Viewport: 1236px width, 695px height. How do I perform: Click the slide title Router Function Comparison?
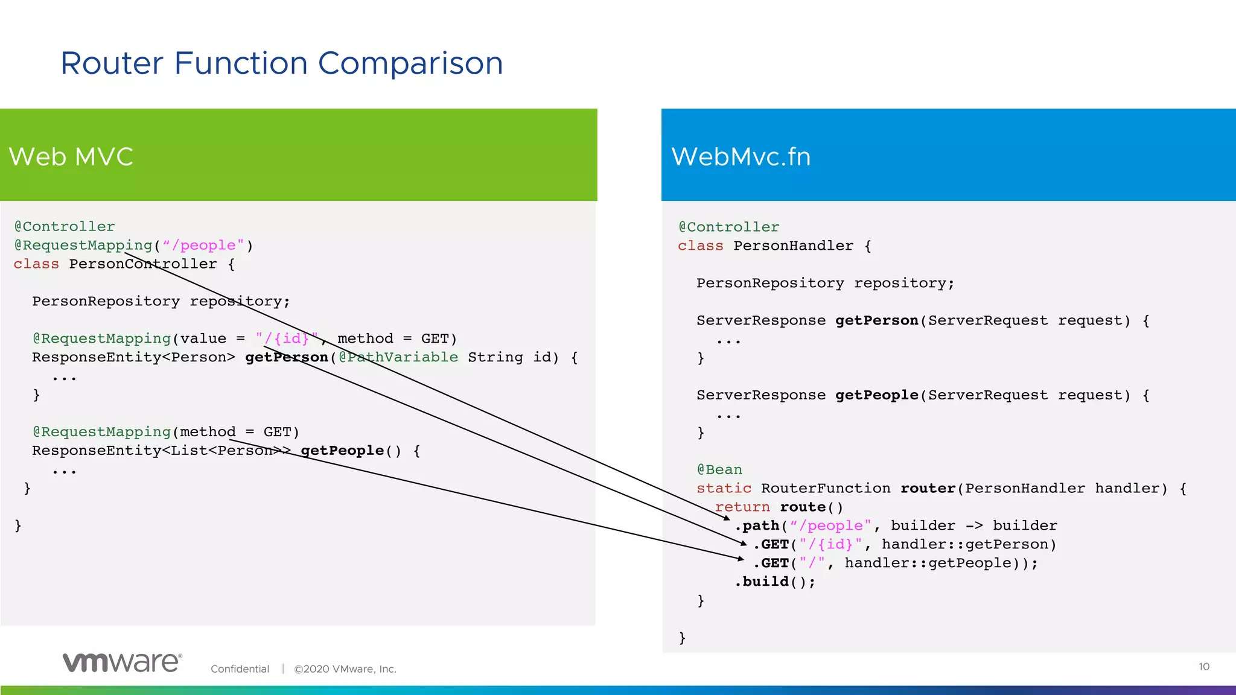pyautogui.click(x=281, y=63)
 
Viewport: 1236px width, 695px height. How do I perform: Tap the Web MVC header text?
pyautogui.click(x=71, y=157)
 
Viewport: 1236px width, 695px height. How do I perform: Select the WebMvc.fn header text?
pyautogui.click(x=741, y=157)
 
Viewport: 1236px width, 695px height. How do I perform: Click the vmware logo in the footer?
pyautogui.click(x=122, y=662)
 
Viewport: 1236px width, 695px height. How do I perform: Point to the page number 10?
pyautogui.click(x=1203, y=667)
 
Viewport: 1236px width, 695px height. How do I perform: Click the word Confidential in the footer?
pyautogui.click(x=240, y=669)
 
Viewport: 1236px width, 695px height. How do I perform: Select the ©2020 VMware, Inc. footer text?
pyautogui.click(x=345, y=669)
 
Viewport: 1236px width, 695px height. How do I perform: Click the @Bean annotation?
pyautogui.click(x=719, y=469)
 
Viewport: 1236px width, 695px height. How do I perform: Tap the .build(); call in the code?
pyautogui.click(x=775, y=582)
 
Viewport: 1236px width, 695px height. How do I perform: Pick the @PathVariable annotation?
pyautogui.click(x=398, y=357)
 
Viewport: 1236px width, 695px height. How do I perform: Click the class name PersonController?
pyautogui.click(x=142, y=264)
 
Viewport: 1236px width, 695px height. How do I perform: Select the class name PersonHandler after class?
pyautogui.click(x=793, y=246)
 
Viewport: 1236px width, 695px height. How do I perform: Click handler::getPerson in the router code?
pyautogui.click(x=968, y=544)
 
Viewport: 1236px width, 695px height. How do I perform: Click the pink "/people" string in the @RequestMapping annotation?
pyautogui.click(x=203, y=246)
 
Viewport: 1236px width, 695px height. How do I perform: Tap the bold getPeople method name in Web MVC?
pyautogui.click(x=342, y=451)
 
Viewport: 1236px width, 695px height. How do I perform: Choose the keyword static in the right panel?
pyautogui.click(x=724, y=488)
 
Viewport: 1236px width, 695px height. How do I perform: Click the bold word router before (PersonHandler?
pyautogui.click(x=928, y=488)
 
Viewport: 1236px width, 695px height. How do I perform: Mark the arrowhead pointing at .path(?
pyautogui.click(x=727, y=518)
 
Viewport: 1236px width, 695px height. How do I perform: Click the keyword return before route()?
pyautogui.click(x=742, y=507)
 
